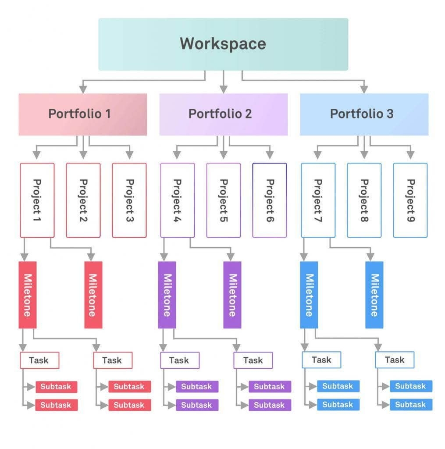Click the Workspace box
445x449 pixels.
[x=223, y=44]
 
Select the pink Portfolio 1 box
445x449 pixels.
[x=82, y=114]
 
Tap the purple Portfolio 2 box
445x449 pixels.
[x=223, y=114]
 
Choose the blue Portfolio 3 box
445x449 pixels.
[x=364, y=114]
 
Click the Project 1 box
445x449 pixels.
[x=37, y=200]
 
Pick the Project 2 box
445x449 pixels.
[x=83, y=200]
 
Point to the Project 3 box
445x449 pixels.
[x=129, y=200]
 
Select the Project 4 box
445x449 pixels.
[x=178, y=200]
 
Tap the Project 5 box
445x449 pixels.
[x=224, y=200]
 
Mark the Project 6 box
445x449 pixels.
[x=270, y=200]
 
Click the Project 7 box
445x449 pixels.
[x=318, y=200]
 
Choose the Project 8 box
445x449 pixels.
[x=364, y=200]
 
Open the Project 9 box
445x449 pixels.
[x=410, y=200]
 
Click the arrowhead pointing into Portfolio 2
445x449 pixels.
[x=224, y=89]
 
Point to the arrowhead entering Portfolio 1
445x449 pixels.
[x=83, y=89]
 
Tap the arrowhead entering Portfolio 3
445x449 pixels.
[x=364, y=89]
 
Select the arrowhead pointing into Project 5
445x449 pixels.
[x=224, y=155]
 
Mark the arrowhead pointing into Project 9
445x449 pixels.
[x=410, y=155]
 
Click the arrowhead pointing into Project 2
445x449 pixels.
[x=83, y=155]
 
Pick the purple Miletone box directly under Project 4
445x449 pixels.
[x=167, y=295]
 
